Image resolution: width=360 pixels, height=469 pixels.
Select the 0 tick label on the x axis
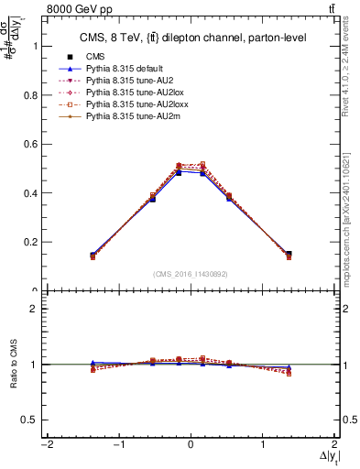pos(190,445)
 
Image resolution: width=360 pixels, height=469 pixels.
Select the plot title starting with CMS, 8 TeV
pos(190,37)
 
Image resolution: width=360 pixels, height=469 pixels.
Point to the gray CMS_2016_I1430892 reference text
pos(190,273)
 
